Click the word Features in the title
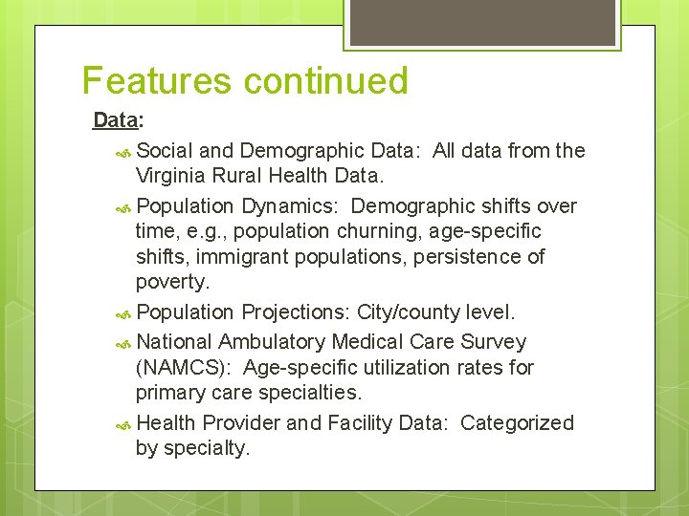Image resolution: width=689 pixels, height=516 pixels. tap(158, 81)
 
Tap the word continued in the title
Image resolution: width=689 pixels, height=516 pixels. tap(326, 81)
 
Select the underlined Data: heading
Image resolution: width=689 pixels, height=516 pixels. tap(118, 121)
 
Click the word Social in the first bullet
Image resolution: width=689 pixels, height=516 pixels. tap(166, 150)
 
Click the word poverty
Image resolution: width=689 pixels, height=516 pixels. tap(172, 282)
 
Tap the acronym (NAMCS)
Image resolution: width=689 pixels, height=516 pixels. tap(184, 367)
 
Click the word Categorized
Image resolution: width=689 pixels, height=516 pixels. tap(517, 422)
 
